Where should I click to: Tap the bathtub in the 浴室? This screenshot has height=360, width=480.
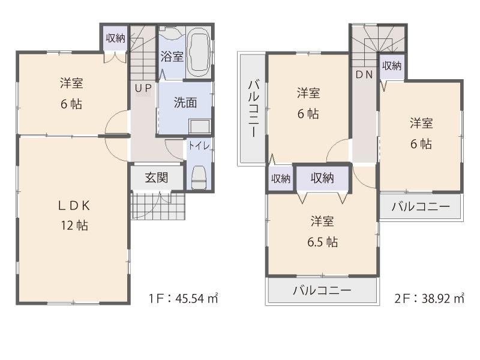(198, 52)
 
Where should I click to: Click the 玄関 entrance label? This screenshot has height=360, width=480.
(156, 178)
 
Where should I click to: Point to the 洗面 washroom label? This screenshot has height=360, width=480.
(185, 103)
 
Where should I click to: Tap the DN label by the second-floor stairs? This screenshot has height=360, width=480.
(364, 75)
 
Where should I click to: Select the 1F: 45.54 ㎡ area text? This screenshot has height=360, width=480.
(183, 298)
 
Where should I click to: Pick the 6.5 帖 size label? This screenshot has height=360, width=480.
(322, 242)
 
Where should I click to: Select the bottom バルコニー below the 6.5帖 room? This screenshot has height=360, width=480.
(322, 291)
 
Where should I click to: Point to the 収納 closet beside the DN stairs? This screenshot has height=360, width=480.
(391, 66)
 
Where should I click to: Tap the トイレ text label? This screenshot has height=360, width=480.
(196, 145)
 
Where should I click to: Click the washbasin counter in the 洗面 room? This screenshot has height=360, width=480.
(199, 128)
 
